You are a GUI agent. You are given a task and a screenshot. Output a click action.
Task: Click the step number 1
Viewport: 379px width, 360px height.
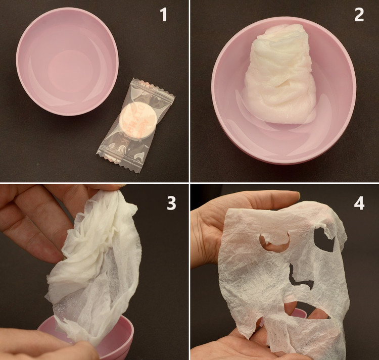tap(164, 15)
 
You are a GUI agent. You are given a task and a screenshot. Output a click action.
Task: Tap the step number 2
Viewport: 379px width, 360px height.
tap(359, 15)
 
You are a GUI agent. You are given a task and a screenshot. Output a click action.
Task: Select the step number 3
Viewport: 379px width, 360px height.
tap(171, 203)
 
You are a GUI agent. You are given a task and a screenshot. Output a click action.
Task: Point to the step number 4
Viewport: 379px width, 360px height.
tap(359, 203)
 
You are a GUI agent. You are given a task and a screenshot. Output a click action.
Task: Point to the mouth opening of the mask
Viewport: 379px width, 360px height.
tap(307, 310)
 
